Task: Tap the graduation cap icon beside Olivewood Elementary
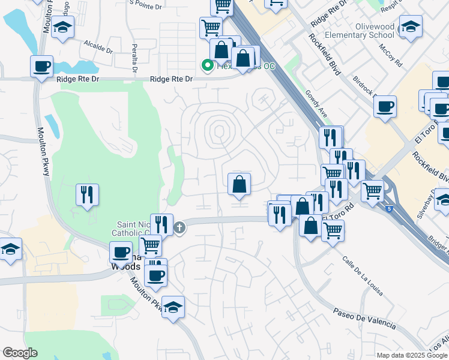(x=411, y=26)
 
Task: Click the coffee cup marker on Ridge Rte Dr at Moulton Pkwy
(x=41, y=67)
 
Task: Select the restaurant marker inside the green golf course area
(x=87, y=194)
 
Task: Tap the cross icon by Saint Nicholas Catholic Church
(x=179, y=227)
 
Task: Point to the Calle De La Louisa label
(x=363, y=276)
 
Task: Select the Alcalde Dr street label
(x=98, y=46)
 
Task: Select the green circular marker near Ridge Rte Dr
(x=207, y=65)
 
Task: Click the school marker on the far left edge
(x=10, y=248)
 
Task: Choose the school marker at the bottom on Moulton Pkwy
(x=173, y=307)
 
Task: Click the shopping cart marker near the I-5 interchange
(x=372, y=191)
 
